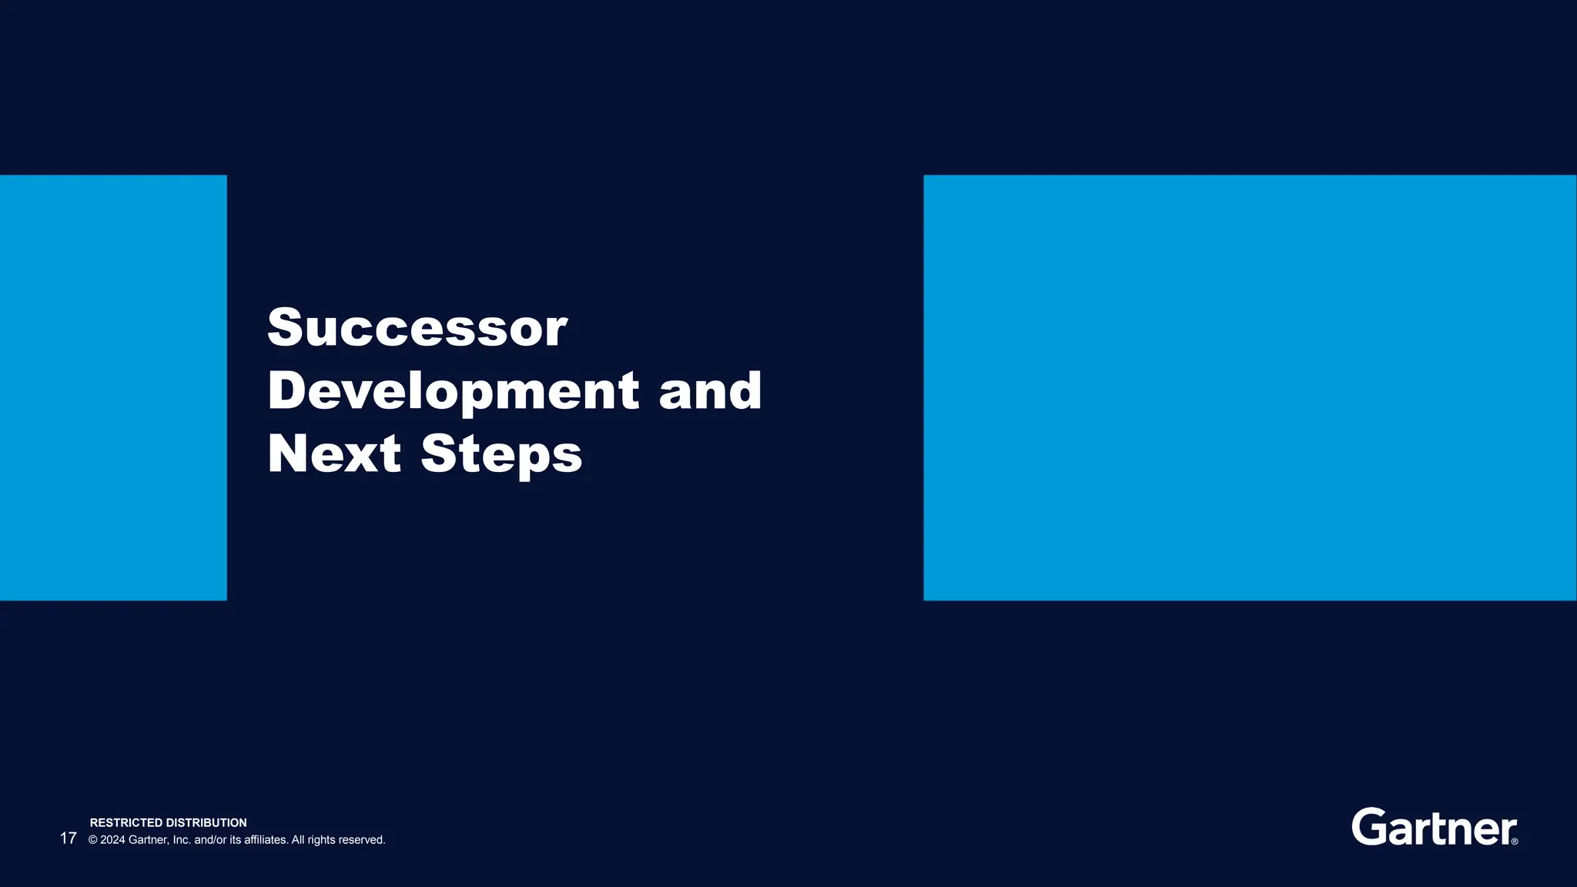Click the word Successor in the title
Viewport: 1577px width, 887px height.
[x=417, y=327]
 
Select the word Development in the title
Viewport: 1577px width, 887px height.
[x=454, y=390]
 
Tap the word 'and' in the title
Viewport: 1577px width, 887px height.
[x=710, y=390]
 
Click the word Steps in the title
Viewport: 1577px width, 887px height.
[x=501, y=454]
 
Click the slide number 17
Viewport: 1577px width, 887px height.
[x=68, y=838]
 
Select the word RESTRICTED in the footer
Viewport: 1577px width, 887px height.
[x=126, y=823]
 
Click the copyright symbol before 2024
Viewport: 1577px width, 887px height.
[x=93, y=840]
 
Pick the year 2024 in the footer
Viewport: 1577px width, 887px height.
[x=112, y=840]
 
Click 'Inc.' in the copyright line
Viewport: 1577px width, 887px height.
[x=181, y=840]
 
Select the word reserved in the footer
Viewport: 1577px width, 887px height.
[x=362, y=840]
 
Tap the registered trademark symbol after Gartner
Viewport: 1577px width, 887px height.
[x=1515, y=842]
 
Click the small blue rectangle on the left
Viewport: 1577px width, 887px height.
[x=113, y=387]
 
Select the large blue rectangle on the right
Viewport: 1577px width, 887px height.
[x=1250, y=387]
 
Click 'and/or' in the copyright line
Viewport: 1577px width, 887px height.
[x=210, y=840]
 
